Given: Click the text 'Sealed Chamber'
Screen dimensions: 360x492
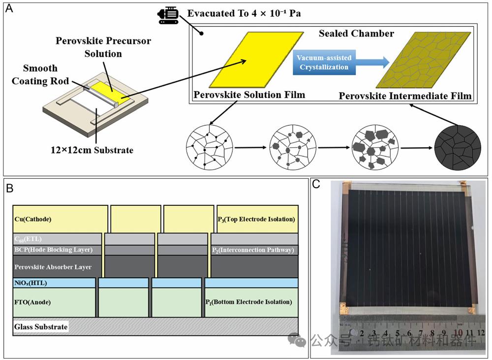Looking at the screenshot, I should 356,34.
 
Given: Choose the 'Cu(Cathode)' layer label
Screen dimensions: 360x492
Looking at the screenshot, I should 33,219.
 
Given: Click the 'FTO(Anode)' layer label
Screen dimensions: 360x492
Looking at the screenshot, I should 32,302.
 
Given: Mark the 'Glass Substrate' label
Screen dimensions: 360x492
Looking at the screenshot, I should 41,327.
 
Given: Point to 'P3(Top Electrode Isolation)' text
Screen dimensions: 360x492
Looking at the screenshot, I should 256,219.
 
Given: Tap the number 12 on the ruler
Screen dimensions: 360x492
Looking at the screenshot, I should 481,333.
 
